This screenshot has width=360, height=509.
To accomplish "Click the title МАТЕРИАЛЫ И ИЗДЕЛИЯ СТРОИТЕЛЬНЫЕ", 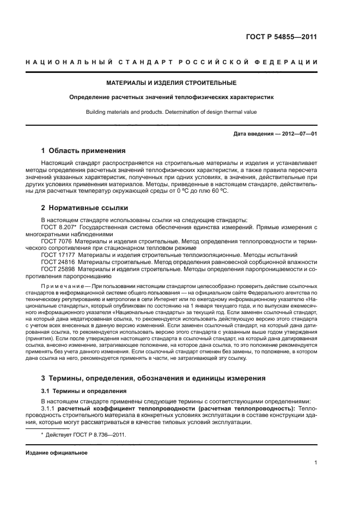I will tap(172, 83).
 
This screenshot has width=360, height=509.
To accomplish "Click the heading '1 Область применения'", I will tap(84, 150).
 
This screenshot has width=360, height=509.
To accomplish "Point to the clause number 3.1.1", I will tap(48, 408).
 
